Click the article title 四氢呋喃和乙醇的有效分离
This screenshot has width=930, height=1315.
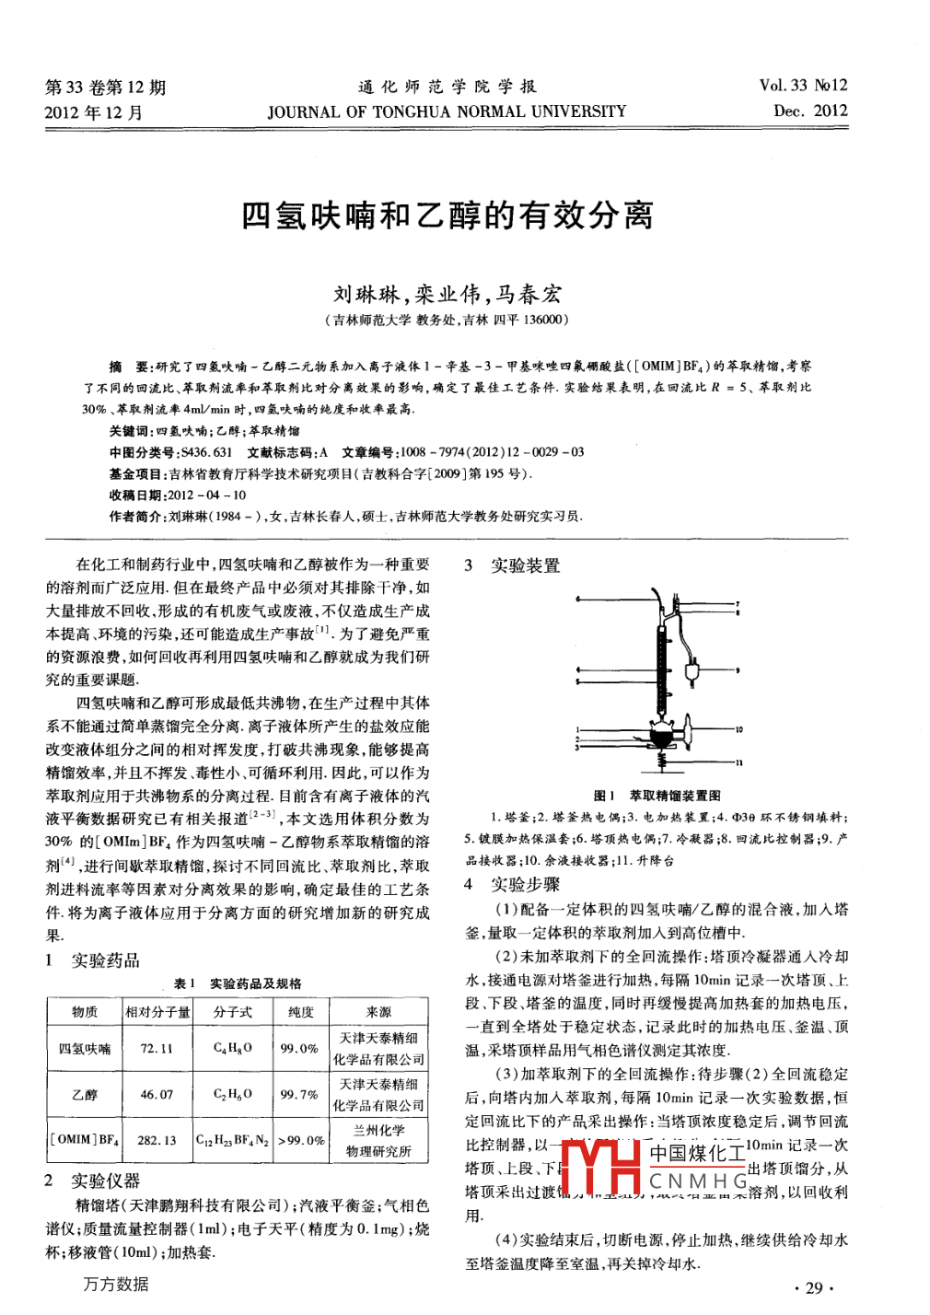click(x=448, y=215)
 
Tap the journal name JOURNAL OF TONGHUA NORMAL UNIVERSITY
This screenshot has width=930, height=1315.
click(x=447, y=111)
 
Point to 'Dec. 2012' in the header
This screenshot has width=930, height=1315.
click(x=810, y=111)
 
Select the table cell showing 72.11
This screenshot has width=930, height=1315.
click(x=157, y=1048)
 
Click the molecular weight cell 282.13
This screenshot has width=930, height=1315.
click(x=157, y=1140)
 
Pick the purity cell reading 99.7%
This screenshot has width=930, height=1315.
click(x=299, y=1095)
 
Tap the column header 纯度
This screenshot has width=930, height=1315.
click(x=300, y=1012)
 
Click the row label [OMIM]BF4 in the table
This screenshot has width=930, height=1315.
click(x=84, y=1140)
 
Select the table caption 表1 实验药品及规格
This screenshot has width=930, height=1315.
click(x=238, y=983)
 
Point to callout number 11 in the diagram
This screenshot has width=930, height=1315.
click(x=738, y=762)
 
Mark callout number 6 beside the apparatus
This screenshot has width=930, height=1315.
click(x=577, y=599)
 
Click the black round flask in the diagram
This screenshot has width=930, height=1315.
click(x=660, y=737)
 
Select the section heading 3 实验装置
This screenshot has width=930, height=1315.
click(x=513, y=565)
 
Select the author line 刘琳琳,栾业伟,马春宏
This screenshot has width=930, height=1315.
click(x=448, y=295)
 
